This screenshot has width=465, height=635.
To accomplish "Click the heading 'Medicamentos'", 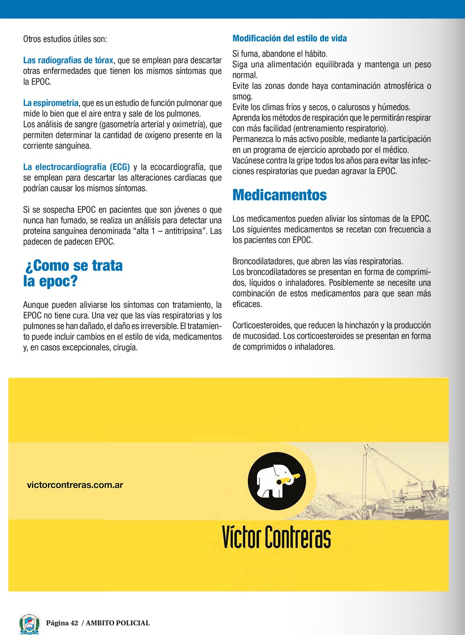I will coord(280,195).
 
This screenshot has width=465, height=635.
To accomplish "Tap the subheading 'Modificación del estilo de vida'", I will coord(289,38).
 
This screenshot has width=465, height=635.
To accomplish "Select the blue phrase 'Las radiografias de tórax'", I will coord(68,60).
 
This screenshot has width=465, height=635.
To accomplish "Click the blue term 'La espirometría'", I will coord(51,103).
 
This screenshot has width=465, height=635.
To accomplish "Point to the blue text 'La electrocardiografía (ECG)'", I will coord(77,167).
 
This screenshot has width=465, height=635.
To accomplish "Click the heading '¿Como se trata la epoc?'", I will coord(74,273).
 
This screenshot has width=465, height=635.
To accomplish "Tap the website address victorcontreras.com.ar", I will coord(75,485).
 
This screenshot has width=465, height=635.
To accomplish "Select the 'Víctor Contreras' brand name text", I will coord(276,537).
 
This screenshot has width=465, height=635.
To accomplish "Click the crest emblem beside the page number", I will coord(29,623).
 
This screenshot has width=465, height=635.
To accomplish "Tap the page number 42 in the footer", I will coord(74,623).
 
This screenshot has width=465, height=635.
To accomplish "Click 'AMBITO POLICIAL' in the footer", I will coord(118,623).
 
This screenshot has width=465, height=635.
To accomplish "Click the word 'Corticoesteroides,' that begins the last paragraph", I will coord(262,326).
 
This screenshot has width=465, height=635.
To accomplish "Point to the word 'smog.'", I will coord(242,97).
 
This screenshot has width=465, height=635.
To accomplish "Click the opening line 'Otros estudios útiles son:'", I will coord(65,39).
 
